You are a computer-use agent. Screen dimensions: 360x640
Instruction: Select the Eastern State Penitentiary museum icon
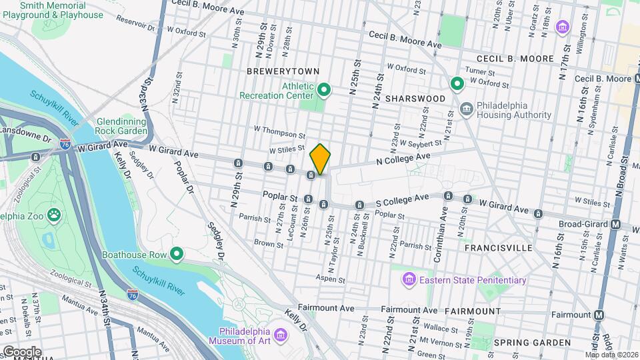[409, 279]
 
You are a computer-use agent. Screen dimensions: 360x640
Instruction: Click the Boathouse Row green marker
[177, 254]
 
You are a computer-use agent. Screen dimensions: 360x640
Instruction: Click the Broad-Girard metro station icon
[617, 225]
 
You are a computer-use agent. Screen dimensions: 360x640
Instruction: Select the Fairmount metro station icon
[600, 315]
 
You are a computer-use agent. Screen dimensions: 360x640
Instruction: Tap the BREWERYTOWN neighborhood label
[283, 71]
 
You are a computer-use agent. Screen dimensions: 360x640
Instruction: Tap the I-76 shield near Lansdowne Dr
[65, 143]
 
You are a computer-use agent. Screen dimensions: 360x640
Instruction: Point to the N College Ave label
[404, 158]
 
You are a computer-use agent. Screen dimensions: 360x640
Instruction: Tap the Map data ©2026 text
[611, 355]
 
